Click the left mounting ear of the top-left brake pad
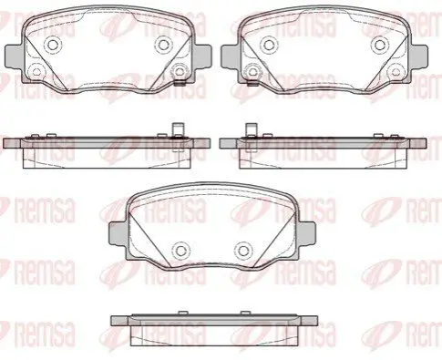[14, 57]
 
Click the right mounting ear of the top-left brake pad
[201, 57]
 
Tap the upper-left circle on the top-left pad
[53, 45]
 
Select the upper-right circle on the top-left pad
[163, 45]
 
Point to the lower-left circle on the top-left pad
[36, 72]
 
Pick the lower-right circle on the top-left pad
[179, 72]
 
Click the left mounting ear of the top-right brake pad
[230, 57]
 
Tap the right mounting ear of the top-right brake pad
[418, 57]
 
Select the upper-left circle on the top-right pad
[269, 45]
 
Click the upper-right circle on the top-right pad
[379, 45]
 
